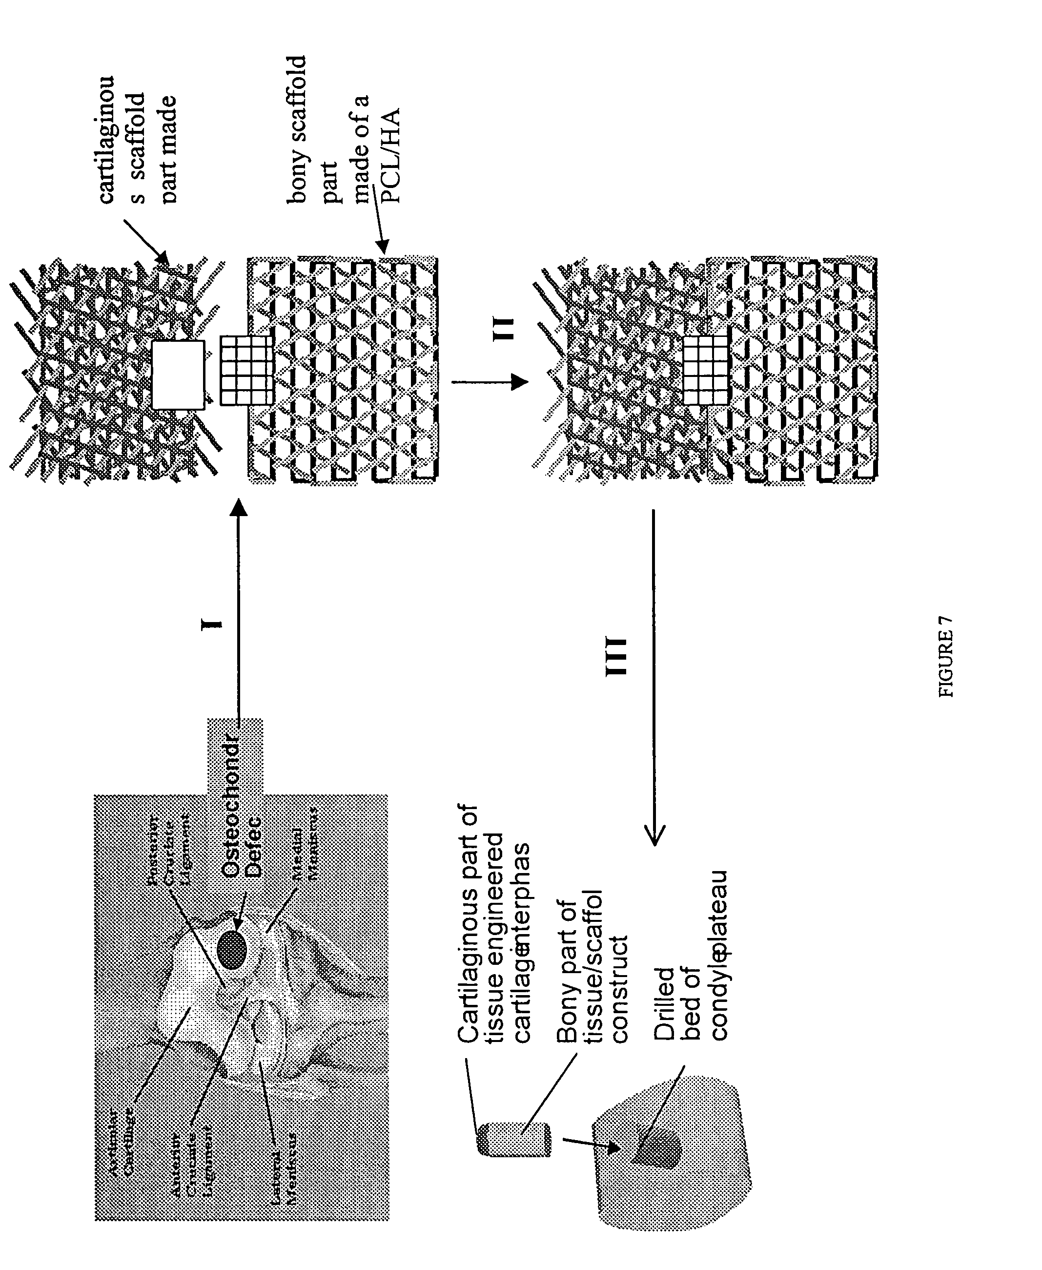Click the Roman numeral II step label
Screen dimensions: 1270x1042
503,329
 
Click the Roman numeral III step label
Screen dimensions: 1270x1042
616,656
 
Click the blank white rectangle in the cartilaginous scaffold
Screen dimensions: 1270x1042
178,375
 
